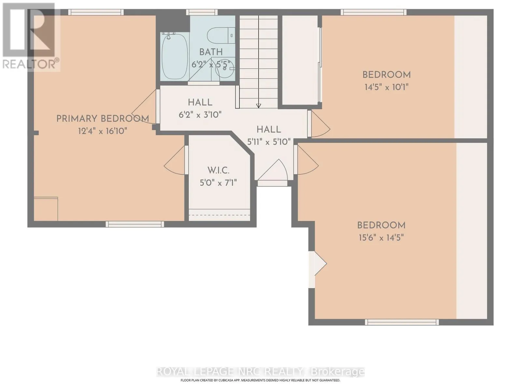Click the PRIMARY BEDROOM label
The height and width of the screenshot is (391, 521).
[103, 119]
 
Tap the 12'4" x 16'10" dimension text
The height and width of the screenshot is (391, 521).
[103, 131]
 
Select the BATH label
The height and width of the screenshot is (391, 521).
[211, 52]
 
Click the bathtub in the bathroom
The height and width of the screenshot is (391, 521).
[175, 56]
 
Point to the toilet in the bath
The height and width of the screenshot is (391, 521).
[220, 36]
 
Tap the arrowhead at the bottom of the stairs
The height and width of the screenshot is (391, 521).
[259, 106]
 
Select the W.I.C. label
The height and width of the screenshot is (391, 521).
[218, 170]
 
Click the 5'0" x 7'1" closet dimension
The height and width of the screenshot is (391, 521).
[218, 183]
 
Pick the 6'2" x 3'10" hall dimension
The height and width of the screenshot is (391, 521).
[200, 115]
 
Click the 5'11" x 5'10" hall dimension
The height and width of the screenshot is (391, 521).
[269, 142]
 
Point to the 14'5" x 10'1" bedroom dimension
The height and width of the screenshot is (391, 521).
[387, 87]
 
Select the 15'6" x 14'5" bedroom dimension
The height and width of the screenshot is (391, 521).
[381, 238]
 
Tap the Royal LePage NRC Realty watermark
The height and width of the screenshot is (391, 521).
[260, 371]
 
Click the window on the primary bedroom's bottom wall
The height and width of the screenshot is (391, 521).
[134, 224]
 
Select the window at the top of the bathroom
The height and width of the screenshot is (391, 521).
[202, 12]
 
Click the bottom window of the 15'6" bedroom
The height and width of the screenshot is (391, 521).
[401, 322]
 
